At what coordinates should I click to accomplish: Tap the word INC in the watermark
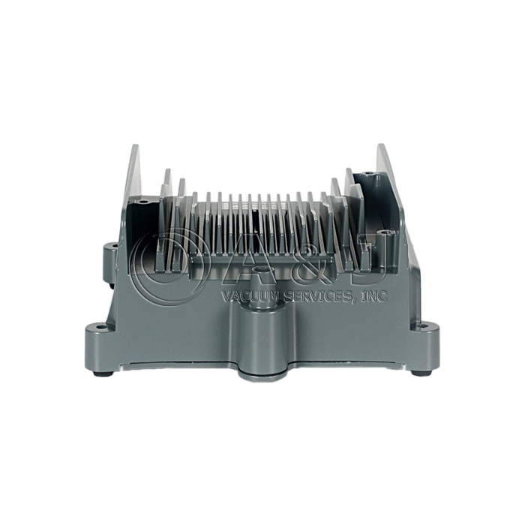click(x=374, y=295)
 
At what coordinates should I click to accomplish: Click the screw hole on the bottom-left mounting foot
click(x=99, y=326)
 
